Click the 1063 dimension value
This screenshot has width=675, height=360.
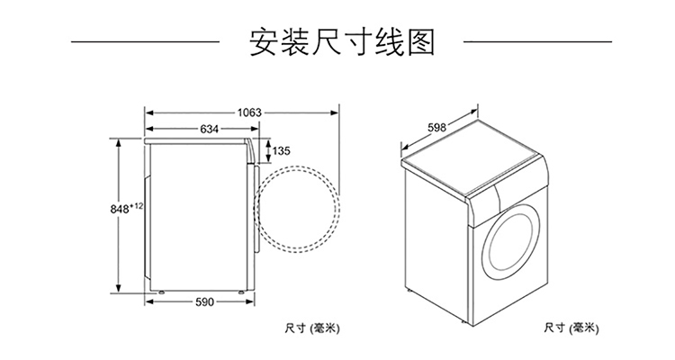249,112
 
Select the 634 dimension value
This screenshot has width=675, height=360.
209,129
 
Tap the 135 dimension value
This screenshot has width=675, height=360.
282,150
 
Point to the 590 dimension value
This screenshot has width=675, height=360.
204,302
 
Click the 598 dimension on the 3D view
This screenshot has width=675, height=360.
436,128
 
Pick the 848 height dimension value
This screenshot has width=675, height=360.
120,210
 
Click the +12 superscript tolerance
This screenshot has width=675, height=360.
137,206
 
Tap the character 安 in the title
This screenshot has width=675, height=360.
264,42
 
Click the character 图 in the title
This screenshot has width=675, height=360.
421,42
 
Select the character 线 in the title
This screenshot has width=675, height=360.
390,42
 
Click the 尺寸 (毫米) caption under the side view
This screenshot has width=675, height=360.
312,328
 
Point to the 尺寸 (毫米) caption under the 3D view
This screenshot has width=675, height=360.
571,328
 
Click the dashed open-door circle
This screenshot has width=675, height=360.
297,167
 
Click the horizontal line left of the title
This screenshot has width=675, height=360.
146,42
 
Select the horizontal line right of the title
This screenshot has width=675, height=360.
537,42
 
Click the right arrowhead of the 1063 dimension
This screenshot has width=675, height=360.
335,112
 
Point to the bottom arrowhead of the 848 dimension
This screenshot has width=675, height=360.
118,289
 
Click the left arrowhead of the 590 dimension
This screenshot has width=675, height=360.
149,302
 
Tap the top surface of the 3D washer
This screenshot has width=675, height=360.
470,157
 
